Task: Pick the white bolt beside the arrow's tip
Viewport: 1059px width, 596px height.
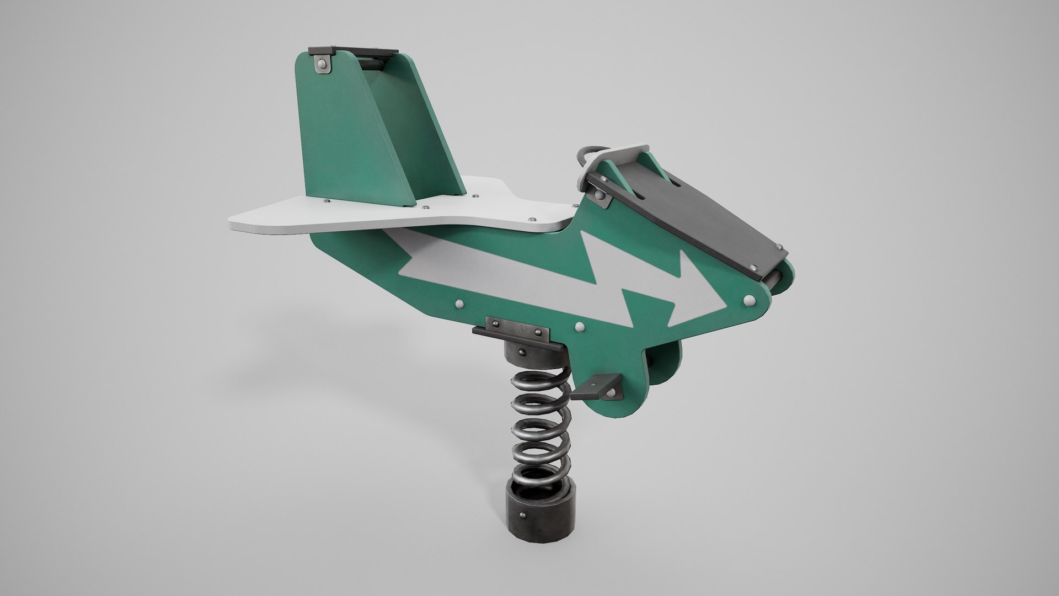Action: (749, 300)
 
